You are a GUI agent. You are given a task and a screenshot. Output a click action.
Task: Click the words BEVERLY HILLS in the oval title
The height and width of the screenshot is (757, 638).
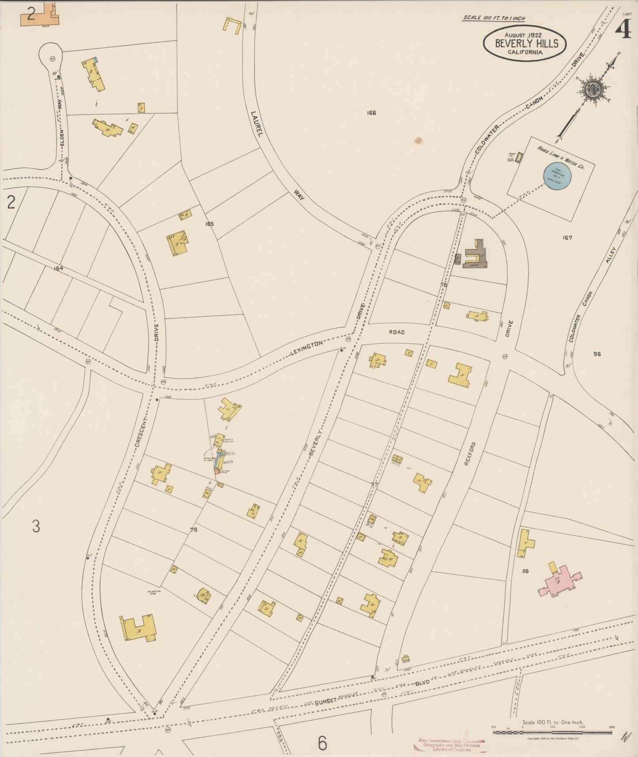click(x=526, y=43)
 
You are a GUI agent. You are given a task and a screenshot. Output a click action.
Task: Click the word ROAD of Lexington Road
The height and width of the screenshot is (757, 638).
click(x=396, y=332)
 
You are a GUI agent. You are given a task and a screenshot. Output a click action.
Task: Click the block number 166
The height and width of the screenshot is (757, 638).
click(x=371, y=113)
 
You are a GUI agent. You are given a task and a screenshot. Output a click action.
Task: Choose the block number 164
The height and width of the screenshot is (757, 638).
click(x=58, y=268)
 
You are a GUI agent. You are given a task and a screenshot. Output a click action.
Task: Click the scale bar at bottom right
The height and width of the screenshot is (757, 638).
click(x=552, y=732)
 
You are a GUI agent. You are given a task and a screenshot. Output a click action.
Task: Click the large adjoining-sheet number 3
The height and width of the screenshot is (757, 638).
click(x=36, y=526)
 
